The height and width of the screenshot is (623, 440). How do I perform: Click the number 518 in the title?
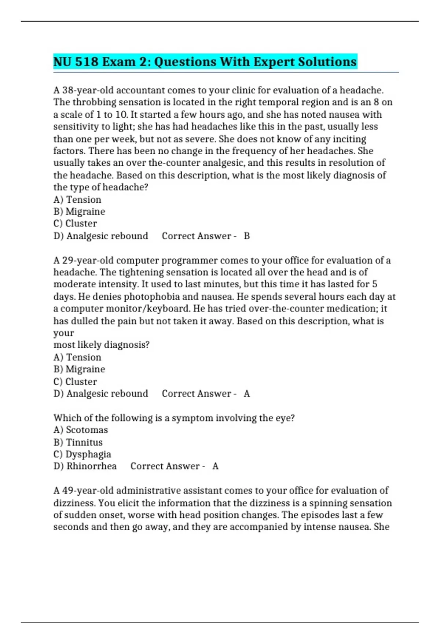point(87,62)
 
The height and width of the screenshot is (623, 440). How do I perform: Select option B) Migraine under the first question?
point(79,211)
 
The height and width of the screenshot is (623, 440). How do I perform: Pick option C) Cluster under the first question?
point(75,224)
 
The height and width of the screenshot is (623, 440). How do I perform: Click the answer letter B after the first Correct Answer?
point(247,236)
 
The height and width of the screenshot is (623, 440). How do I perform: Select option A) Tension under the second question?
point(77,357)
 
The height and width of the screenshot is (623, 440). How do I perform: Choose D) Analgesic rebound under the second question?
point(101,394)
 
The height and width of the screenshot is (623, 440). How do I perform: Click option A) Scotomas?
point(81,430)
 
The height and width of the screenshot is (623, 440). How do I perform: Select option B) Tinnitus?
point(78,442)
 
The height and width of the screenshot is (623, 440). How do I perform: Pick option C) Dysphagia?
point(82,454)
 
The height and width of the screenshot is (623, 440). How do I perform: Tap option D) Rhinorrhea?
point(85,466)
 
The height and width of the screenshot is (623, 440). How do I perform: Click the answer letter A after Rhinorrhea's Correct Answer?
point(216,466)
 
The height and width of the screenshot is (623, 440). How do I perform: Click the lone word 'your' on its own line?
point(64,333)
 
